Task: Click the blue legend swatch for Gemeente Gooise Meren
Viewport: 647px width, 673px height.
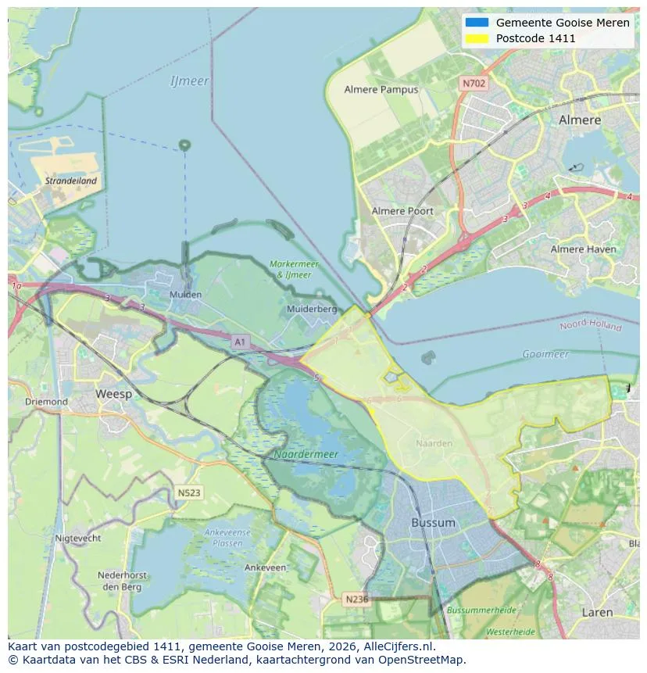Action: point(476,23)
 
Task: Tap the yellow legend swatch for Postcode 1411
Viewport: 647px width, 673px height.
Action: point(476,38)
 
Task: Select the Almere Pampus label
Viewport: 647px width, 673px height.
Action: point(381,90)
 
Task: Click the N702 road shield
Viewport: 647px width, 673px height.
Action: point(472,83)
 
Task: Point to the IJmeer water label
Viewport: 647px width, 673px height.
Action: point(189,81)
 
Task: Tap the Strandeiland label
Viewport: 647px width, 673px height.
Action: point(71,181)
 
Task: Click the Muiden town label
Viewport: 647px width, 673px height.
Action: point(185,295)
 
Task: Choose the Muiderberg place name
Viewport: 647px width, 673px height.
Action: point(312,309)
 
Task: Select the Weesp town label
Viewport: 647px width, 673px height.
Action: point(113,394)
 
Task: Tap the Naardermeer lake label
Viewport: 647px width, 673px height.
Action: point(306,454)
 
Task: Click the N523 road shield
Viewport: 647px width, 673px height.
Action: point(188,493)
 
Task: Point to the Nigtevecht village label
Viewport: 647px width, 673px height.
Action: point(78,539)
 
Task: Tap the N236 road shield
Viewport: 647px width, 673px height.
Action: point(356,599)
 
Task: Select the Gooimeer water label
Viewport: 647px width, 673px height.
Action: point(545,354)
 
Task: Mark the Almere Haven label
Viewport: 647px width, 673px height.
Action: point(583,249)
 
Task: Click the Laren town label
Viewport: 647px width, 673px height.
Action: point(597,613)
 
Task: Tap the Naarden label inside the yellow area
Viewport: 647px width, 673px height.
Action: point(434,443)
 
